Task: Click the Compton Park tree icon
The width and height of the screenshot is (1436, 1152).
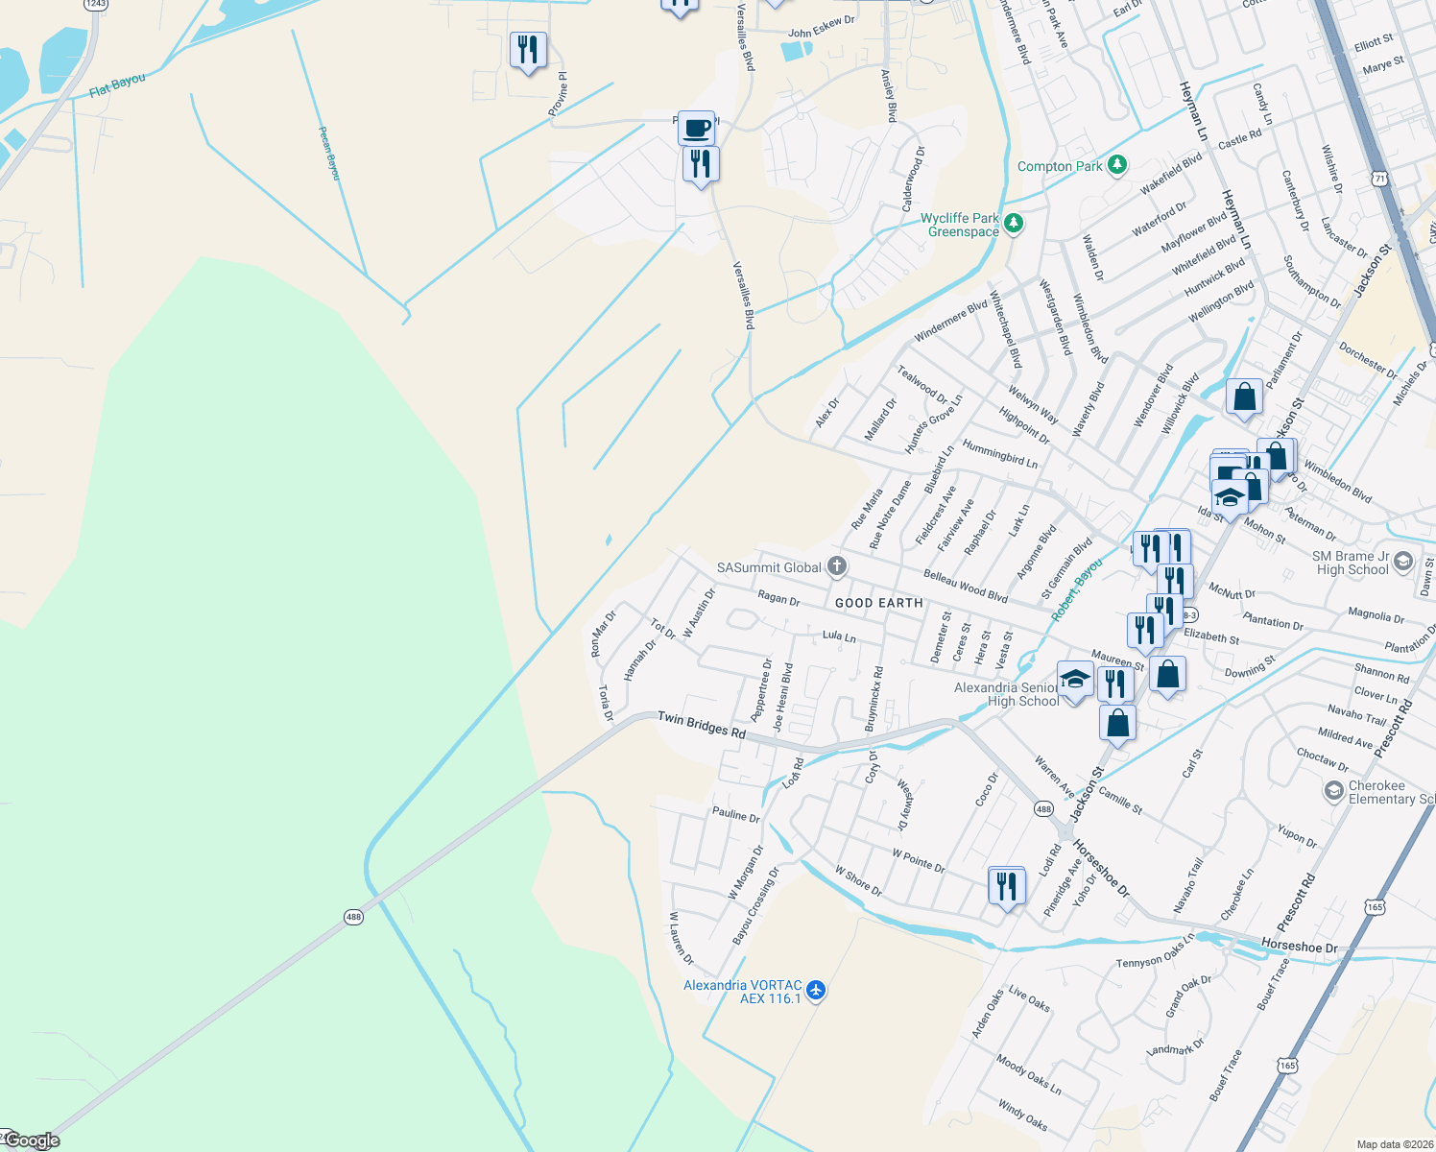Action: (x=1116, y=165)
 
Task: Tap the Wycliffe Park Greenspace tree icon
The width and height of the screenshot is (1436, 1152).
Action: (x=1014, y=224)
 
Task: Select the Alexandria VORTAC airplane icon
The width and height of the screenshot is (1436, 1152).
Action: (x=816, y=990)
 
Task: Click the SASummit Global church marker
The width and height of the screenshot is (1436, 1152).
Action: (x=837, y=566)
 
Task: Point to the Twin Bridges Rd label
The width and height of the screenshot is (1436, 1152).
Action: (x=701, y=725)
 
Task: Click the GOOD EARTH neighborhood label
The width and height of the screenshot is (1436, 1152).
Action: (x=878, y=603)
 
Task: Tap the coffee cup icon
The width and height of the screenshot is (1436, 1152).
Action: (x=697, y=128)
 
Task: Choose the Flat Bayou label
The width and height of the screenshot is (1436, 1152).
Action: (x=117, y=85)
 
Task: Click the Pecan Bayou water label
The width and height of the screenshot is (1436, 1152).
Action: (x=329, y=153)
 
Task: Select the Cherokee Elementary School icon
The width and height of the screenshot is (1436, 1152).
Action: (x=1333, y=791)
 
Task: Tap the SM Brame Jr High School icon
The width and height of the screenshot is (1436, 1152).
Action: (x=1403, y=561)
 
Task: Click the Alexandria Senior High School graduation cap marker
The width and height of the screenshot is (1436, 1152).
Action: (x=1075, y=679)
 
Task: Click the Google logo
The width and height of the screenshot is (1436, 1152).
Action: (x=32, y=1140)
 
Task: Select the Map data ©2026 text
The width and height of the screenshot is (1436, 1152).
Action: (x=1393, y=1144)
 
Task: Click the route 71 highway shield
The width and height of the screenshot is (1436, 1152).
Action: (x=1379, y=179)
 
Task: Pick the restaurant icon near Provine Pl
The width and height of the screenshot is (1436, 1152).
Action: (x=528, y=50)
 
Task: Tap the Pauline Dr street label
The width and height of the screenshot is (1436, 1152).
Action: (x=736, y=815)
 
